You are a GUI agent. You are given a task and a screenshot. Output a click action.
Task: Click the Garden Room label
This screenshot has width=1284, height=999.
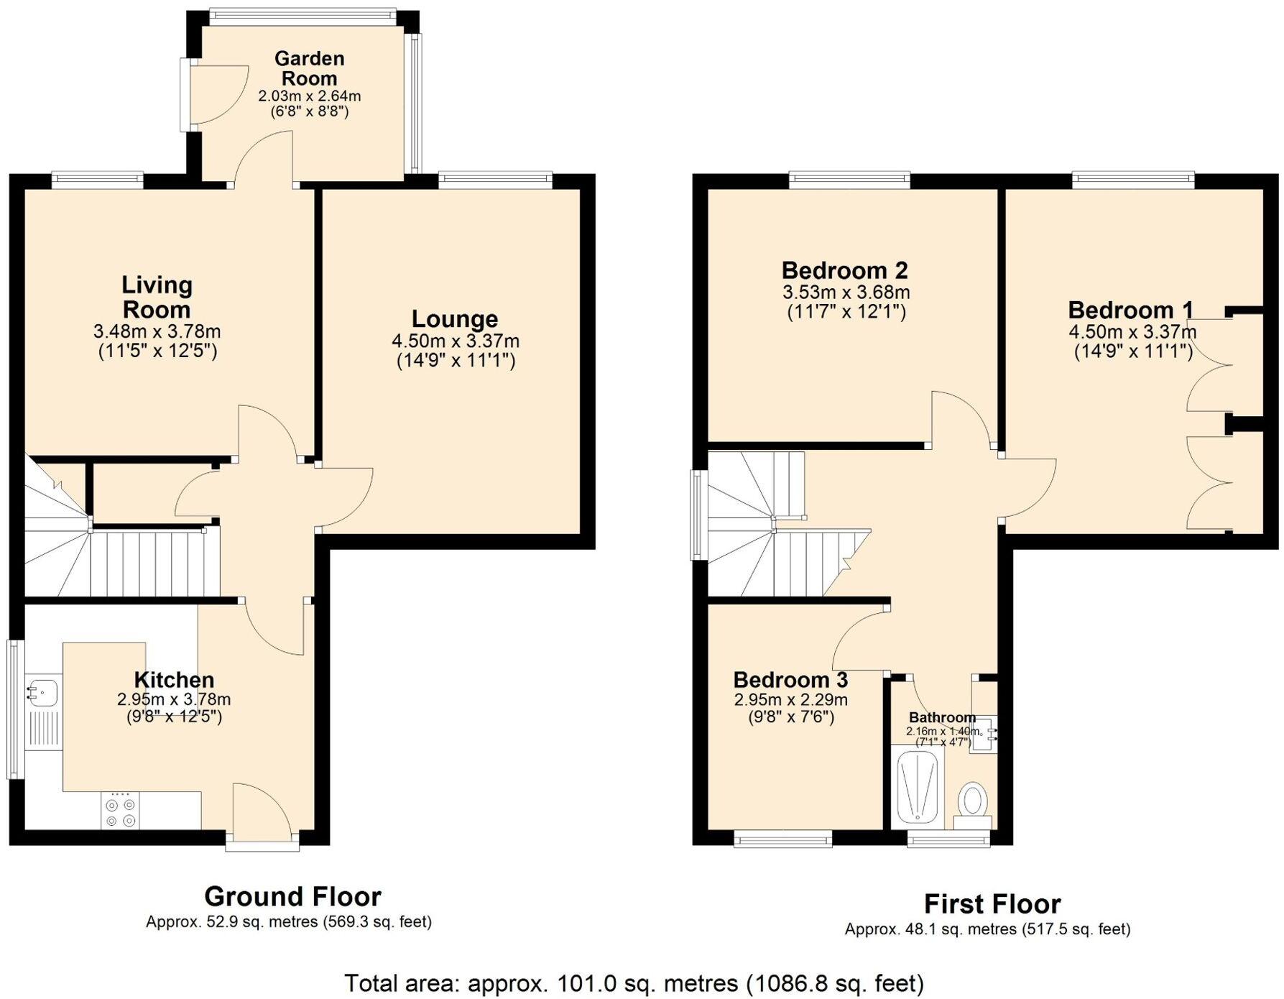(309, 68)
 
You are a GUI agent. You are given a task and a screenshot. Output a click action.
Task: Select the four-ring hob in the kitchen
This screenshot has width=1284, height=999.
(120, 812)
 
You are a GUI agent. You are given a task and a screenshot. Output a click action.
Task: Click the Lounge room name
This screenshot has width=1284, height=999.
(454, 319)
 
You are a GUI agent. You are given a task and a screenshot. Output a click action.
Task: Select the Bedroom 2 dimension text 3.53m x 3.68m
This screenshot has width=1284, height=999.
(846, 293)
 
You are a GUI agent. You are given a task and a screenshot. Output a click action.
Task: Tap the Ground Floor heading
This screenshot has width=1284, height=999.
(292, 896)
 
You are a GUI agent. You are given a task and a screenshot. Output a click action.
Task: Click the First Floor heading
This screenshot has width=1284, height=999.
(992, 903)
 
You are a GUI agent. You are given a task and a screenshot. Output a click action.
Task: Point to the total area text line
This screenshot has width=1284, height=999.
(634, 982)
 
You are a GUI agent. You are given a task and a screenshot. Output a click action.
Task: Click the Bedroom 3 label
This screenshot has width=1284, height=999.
(790, 680)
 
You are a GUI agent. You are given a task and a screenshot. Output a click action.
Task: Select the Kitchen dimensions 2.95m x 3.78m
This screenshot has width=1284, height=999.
(174, 699)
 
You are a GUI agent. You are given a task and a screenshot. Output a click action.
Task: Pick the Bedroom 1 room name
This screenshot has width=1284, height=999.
(1130, 310)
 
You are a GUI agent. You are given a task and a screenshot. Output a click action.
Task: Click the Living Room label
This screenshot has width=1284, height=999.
(157, 297)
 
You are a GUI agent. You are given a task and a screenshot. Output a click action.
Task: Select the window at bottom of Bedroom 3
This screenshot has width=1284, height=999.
(782, 838)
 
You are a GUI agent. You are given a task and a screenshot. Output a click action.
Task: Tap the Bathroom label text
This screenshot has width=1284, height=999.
(942, 717)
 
